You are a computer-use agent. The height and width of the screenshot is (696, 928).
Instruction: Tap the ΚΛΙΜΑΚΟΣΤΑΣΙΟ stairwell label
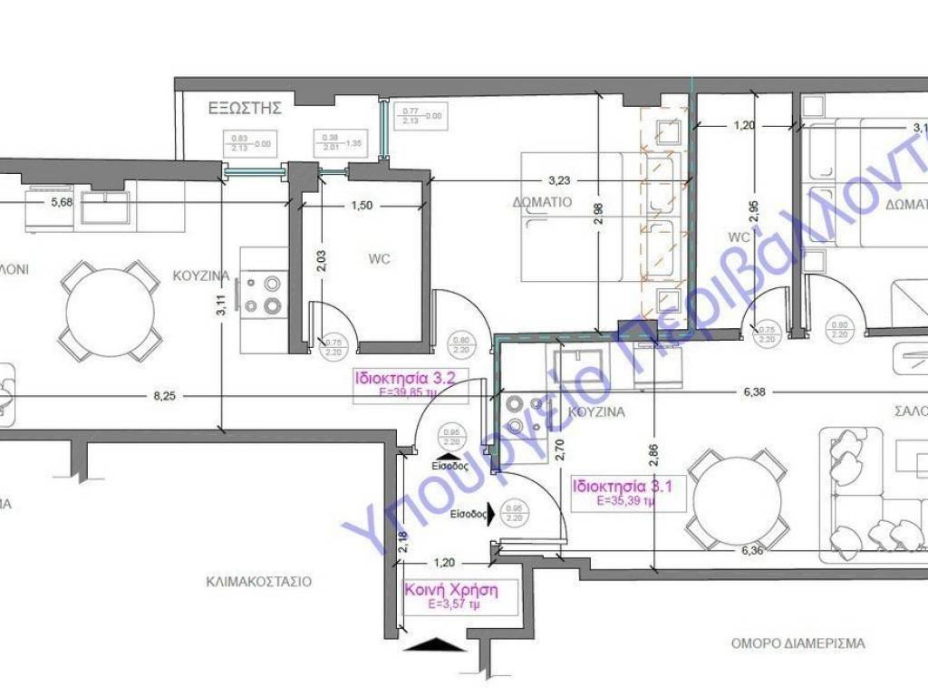coord(258,581)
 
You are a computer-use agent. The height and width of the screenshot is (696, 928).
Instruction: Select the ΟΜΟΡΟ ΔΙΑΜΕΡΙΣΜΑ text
coord(797,643)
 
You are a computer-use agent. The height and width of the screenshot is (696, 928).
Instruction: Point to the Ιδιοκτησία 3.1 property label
coord(614,485)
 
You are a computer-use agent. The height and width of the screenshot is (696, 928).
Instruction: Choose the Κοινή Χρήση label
coord(450,589)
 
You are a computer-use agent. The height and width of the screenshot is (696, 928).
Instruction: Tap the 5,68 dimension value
coord(38,202)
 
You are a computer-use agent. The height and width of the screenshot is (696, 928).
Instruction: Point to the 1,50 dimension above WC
coord(361,206)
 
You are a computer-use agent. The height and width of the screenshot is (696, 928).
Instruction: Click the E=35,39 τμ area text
coord(613,499)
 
